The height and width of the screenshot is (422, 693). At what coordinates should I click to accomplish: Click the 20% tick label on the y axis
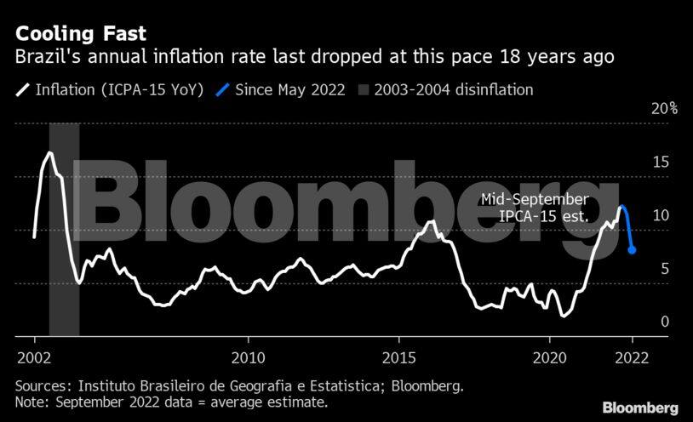point(664,108)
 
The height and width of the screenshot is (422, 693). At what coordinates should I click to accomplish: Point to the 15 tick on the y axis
point(660,163)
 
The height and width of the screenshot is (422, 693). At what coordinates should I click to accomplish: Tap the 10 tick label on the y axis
point(660,216)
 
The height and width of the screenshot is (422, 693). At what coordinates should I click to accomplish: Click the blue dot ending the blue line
point(632,250)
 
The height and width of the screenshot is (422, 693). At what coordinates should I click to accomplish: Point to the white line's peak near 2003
point(49,153)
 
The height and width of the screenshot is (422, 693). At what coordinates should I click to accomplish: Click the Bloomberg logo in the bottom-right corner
point(640,408)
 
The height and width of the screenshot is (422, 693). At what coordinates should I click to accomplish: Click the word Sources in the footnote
point(42,386)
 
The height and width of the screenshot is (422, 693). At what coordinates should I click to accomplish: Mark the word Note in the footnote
point(30,402)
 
